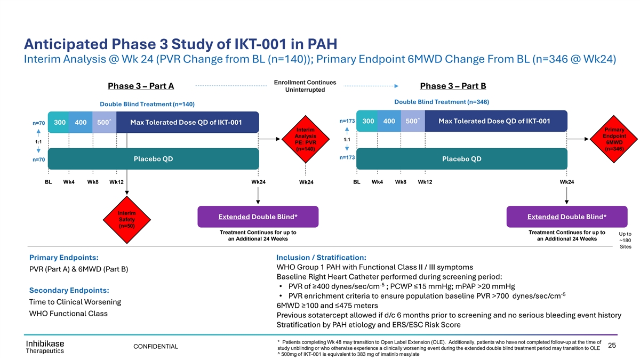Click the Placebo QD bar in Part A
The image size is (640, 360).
[153, 159]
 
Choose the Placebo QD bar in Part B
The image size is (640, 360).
[462, 159]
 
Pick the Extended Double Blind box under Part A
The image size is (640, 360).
[258, 217]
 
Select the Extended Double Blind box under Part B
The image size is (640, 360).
[566, 217]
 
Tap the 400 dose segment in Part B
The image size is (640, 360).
[389, 121]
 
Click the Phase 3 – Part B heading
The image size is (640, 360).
[453, 86]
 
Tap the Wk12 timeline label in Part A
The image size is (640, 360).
[116, 182]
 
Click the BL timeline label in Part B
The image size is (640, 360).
[357, 182]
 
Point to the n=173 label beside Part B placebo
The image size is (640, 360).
[347, 158]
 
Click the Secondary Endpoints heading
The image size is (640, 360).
[69, 290]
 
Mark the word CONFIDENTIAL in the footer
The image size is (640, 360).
[155, 347]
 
